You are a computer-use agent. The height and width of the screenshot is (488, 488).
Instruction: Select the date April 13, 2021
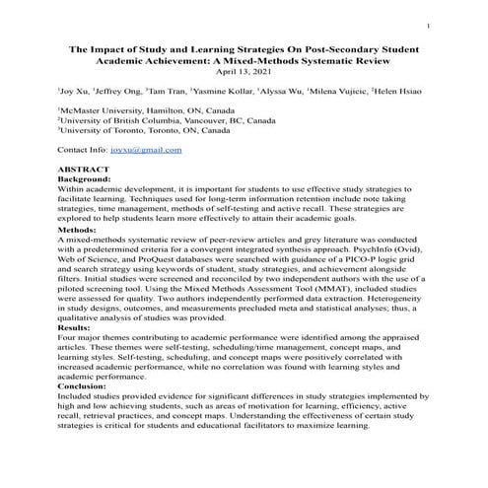coord(243,72)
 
